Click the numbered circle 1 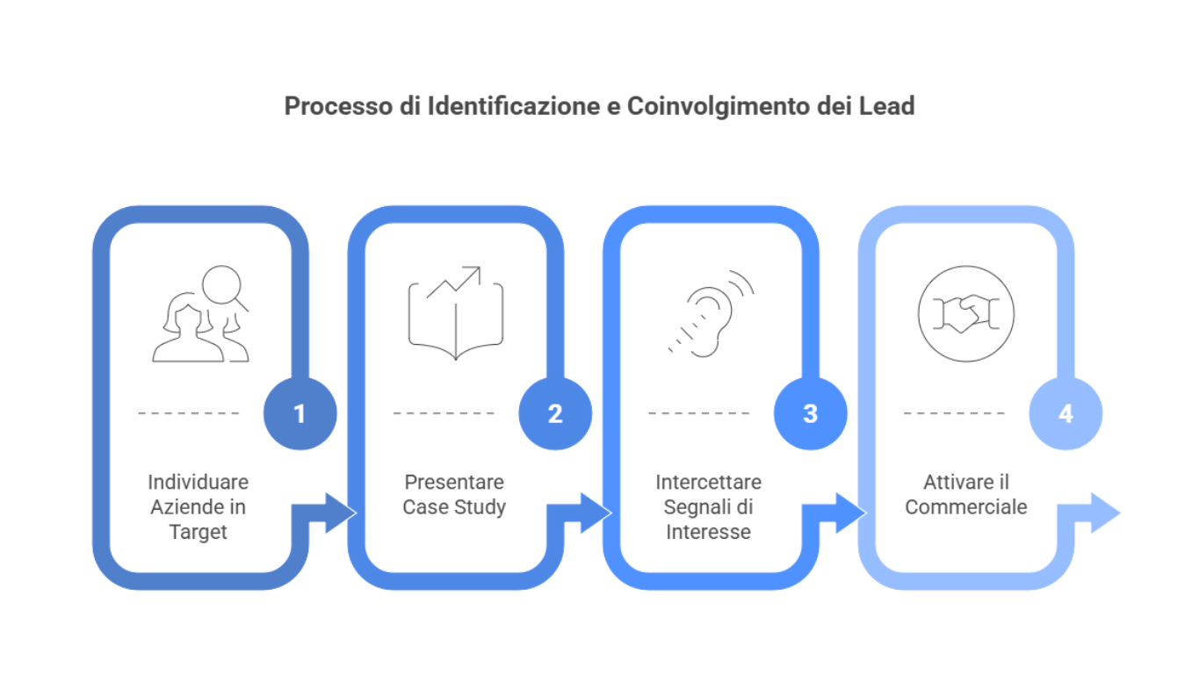[x=300, y=413]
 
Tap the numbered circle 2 [x=555, y=413]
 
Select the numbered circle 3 [x=810, y=413]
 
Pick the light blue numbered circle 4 [x=1065, y=413]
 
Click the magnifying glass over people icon [x=200, y=314]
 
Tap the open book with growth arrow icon [x=456, y=313]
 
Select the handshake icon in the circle [x=965, y=313]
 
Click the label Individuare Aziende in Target [x=198, y=506]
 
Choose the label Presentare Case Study [x=453, y=494]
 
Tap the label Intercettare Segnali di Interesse [x=708, y=506]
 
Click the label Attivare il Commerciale [x=965, y=494]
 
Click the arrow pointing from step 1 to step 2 [x=334, y=513]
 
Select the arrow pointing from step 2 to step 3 [x=589, y=513]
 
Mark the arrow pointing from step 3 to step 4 [x=844, y=513]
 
